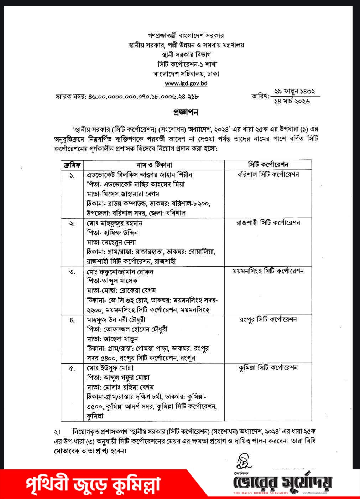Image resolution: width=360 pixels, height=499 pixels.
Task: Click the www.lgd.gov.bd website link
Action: pyautogui.click(x=186, y=84)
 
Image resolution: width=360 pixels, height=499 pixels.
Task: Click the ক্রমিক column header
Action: pyautogui.click(x=72, y=165)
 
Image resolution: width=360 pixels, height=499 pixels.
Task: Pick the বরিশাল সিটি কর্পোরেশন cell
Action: pyautogui.click(x=268, y=175)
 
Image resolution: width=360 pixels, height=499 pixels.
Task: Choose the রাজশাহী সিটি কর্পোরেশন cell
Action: pyautogui.click(x=268, y=223)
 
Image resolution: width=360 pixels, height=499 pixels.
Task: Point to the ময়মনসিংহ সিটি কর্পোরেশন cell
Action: pyautogui.click(x=268, y=271)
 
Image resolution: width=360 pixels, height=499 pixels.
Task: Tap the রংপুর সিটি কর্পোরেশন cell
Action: pyautogui.click(x=268, y=319)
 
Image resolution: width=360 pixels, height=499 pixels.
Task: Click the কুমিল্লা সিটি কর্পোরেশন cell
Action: pyautogui.click(x=268, y=367)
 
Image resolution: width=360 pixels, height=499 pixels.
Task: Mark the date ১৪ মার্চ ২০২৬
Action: pyautogui.click(x=292, y=101)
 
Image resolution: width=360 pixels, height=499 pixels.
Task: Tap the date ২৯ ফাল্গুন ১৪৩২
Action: pyautogui.click(x=294, y=92)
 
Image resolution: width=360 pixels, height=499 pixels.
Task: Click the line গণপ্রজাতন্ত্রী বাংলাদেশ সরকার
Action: pyautogui.click(x=186, y=36)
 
